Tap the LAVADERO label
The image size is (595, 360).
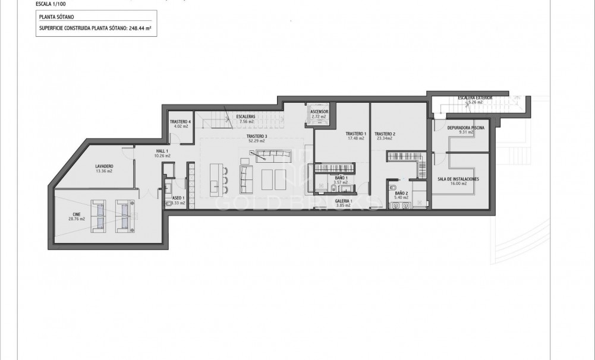click(104, 166)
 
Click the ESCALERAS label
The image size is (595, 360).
click(245, 116)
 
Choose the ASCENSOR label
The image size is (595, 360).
click(319, 111)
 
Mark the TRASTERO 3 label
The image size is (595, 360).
click(257, 137)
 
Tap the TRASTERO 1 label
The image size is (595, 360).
click(356, 134)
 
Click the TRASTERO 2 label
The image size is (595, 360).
click(385, 134)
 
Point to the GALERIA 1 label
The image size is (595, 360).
click(344, 201)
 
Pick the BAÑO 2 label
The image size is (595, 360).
click(401, 193)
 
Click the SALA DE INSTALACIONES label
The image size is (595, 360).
click(458, 179)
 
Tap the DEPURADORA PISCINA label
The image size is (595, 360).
click(465, 127)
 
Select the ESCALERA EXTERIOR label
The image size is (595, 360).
click(474, 97)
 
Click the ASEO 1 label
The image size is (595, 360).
click(178, 198)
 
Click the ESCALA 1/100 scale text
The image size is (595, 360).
click(51, 5)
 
